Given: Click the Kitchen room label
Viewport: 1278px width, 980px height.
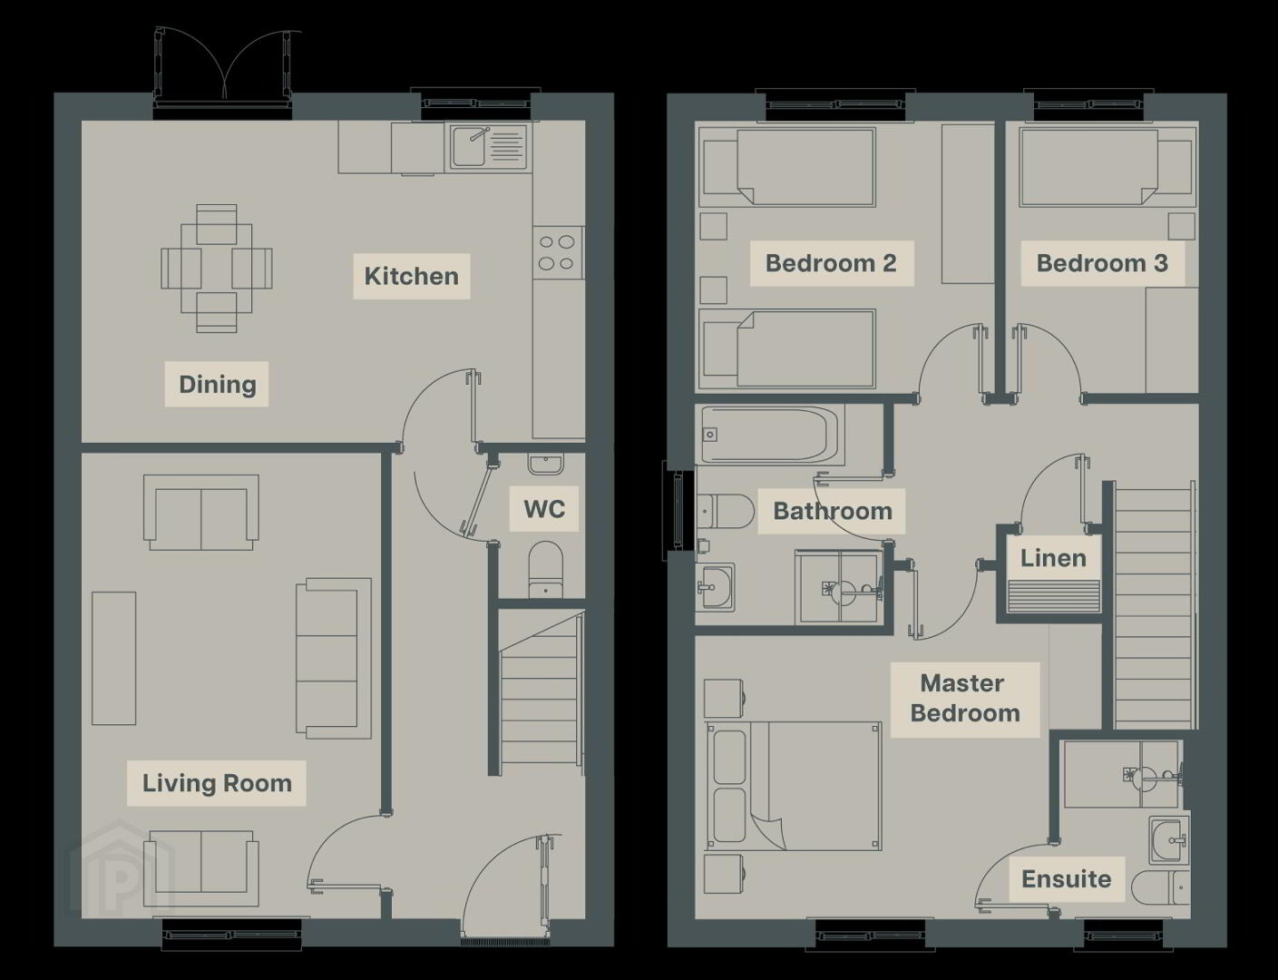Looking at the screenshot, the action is coord(411,276).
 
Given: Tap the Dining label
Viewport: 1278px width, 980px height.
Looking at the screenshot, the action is coord(217,384).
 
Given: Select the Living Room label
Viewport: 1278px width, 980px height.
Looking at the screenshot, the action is coord(217,783).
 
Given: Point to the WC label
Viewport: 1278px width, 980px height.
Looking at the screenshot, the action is coord(544,509).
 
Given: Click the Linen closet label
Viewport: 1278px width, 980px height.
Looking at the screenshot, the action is coord(1053,558).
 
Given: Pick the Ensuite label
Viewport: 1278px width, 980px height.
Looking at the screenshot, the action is coord(1067,878).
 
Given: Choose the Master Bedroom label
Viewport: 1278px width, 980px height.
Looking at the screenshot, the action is coord(964,698).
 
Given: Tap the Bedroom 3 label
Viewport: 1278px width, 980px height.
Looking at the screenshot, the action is coord(1101,263).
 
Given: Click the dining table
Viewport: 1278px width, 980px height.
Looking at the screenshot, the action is coord(217,269).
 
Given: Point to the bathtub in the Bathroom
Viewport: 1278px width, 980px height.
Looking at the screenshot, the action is coord(770,435).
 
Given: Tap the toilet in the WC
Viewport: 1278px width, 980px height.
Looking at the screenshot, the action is coord(546,569).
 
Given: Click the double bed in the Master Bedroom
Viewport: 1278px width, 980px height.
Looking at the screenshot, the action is coord(794,786).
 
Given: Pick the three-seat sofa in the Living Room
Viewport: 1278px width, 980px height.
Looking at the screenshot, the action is coord(334,658).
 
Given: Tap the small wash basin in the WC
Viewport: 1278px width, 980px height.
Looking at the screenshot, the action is coord(546,464).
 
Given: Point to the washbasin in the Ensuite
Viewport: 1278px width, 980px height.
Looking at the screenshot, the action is coord(1168,840).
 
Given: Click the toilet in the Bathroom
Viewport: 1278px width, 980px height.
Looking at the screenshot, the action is coord(725,512).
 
